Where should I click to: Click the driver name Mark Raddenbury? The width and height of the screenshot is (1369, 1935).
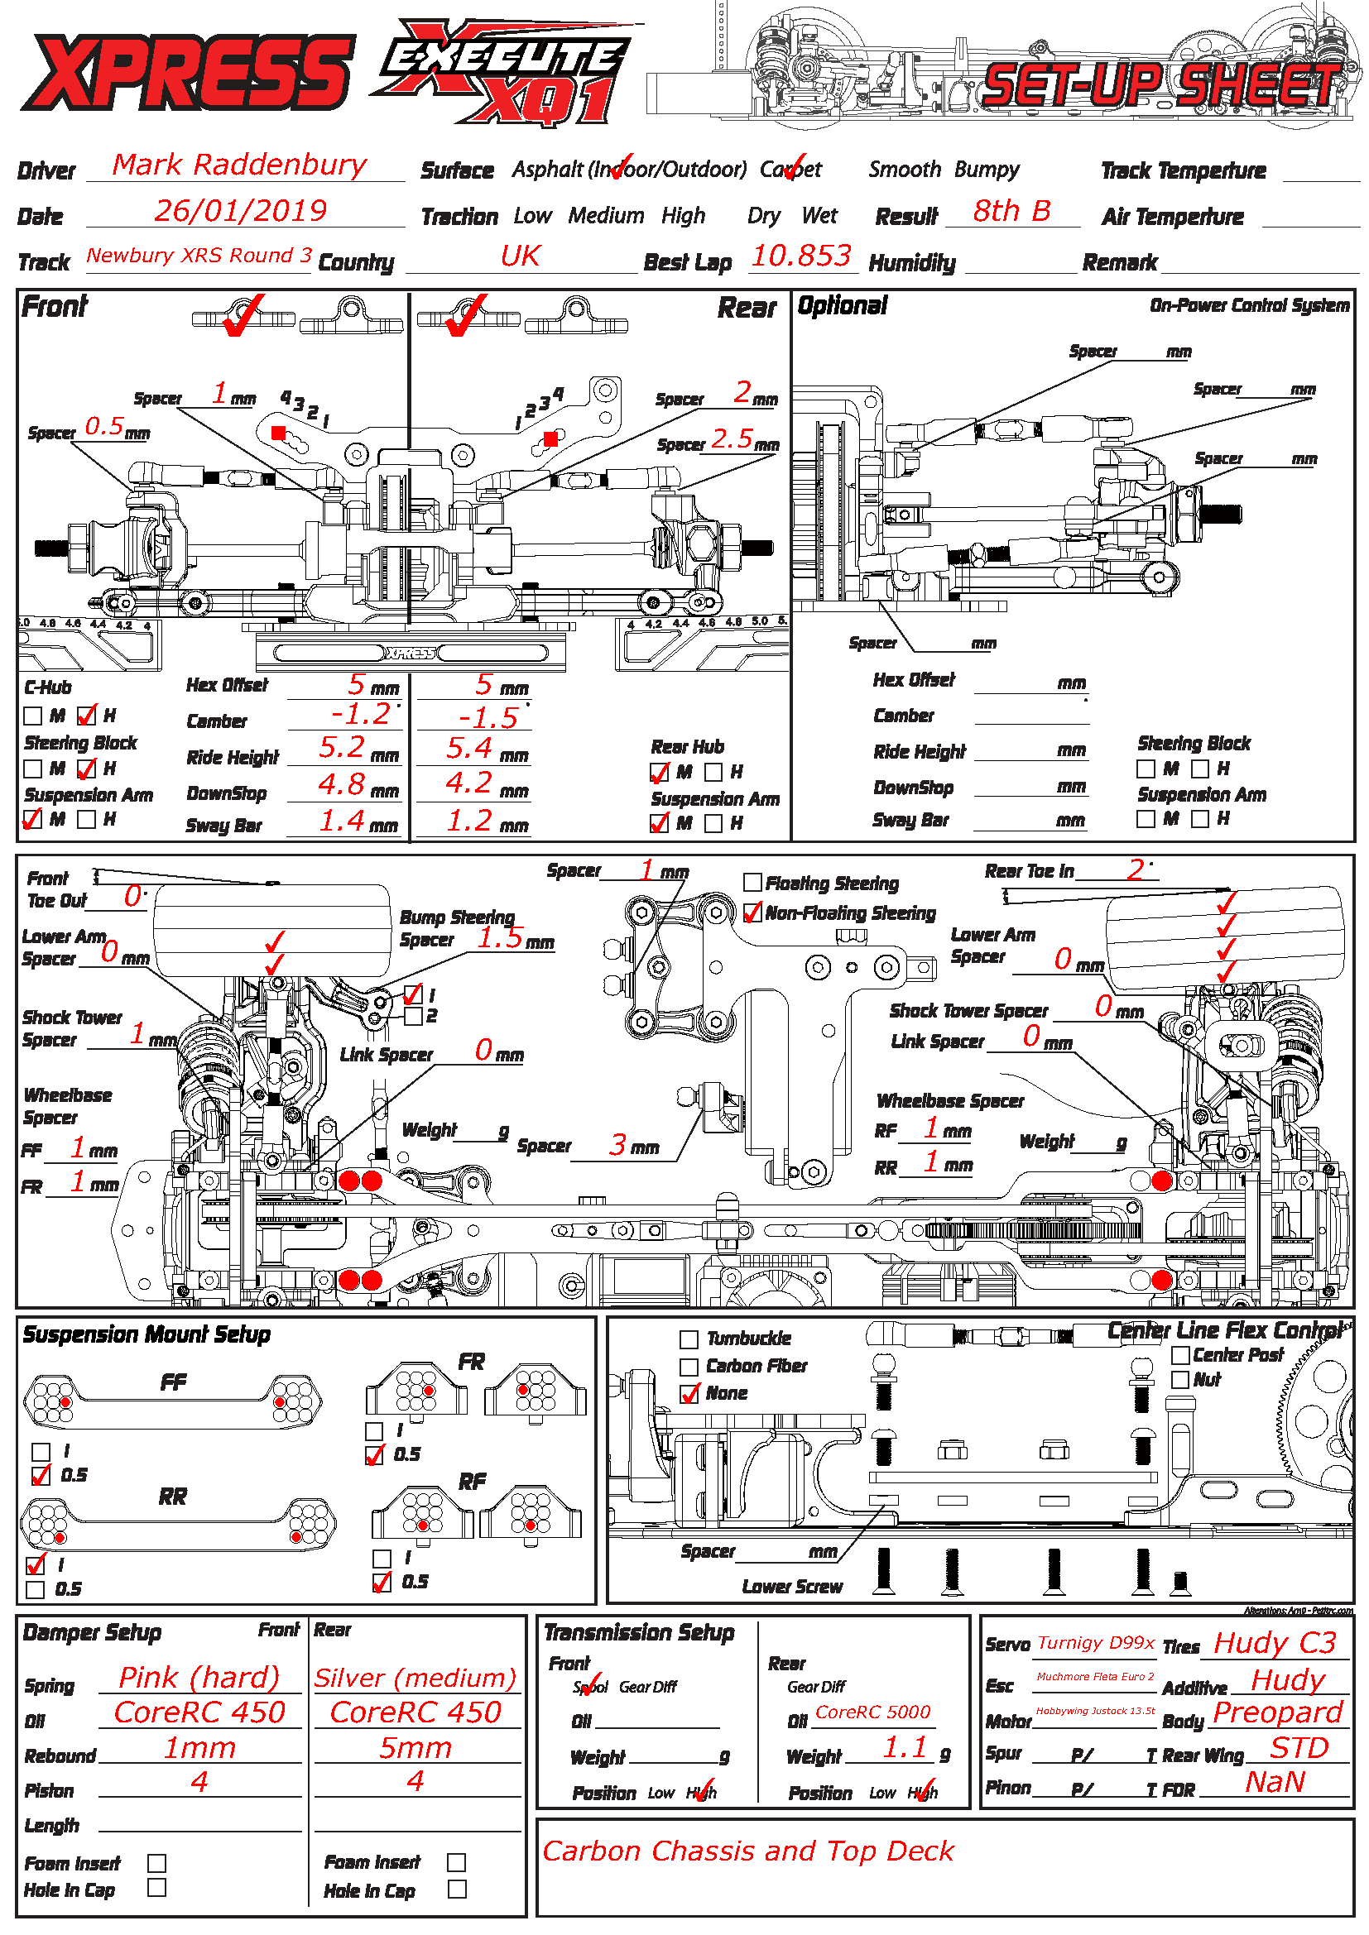[239, 165]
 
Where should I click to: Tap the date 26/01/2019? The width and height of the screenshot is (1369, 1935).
[240, 211]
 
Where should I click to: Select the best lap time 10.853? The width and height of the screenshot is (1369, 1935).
[801, 256]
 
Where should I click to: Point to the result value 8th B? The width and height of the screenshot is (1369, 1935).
[1011, 211]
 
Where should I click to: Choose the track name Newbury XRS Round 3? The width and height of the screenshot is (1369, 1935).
[199, 256]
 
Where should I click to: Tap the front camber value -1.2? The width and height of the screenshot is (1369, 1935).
[361, 715]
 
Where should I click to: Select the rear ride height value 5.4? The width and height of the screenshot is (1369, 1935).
[468, 749]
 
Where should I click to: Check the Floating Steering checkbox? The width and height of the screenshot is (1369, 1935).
[752, 883]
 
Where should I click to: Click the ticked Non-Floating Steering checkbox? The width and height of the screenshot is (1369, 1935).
[752, 912]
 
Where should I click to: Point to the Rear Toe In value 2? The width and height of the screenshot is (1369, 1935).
[1135, 869]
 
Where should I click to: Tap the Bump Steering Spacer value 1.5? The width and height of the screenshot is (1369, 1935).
[500, 938]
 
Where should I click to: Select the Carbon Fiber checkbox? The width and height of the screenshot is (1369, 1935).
[689, 1366]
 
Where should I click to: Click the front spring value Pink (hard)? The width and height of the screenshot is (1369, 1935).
[199, 1677]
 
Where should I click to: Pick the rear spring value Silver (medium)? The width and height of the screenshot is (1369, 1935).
[415, 1678]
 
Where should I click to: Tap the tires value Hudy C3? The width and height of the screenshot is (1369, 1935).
[1274, 1643]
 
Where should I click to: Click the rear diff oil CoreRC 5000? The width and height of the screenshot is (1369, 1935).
[872, 1712]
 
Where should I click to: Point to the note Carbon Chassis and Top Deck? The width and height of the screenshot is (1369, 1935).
[747, 1851]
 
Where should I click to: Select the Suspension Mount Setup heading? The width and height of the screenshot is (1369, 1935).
[147, 1335]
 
